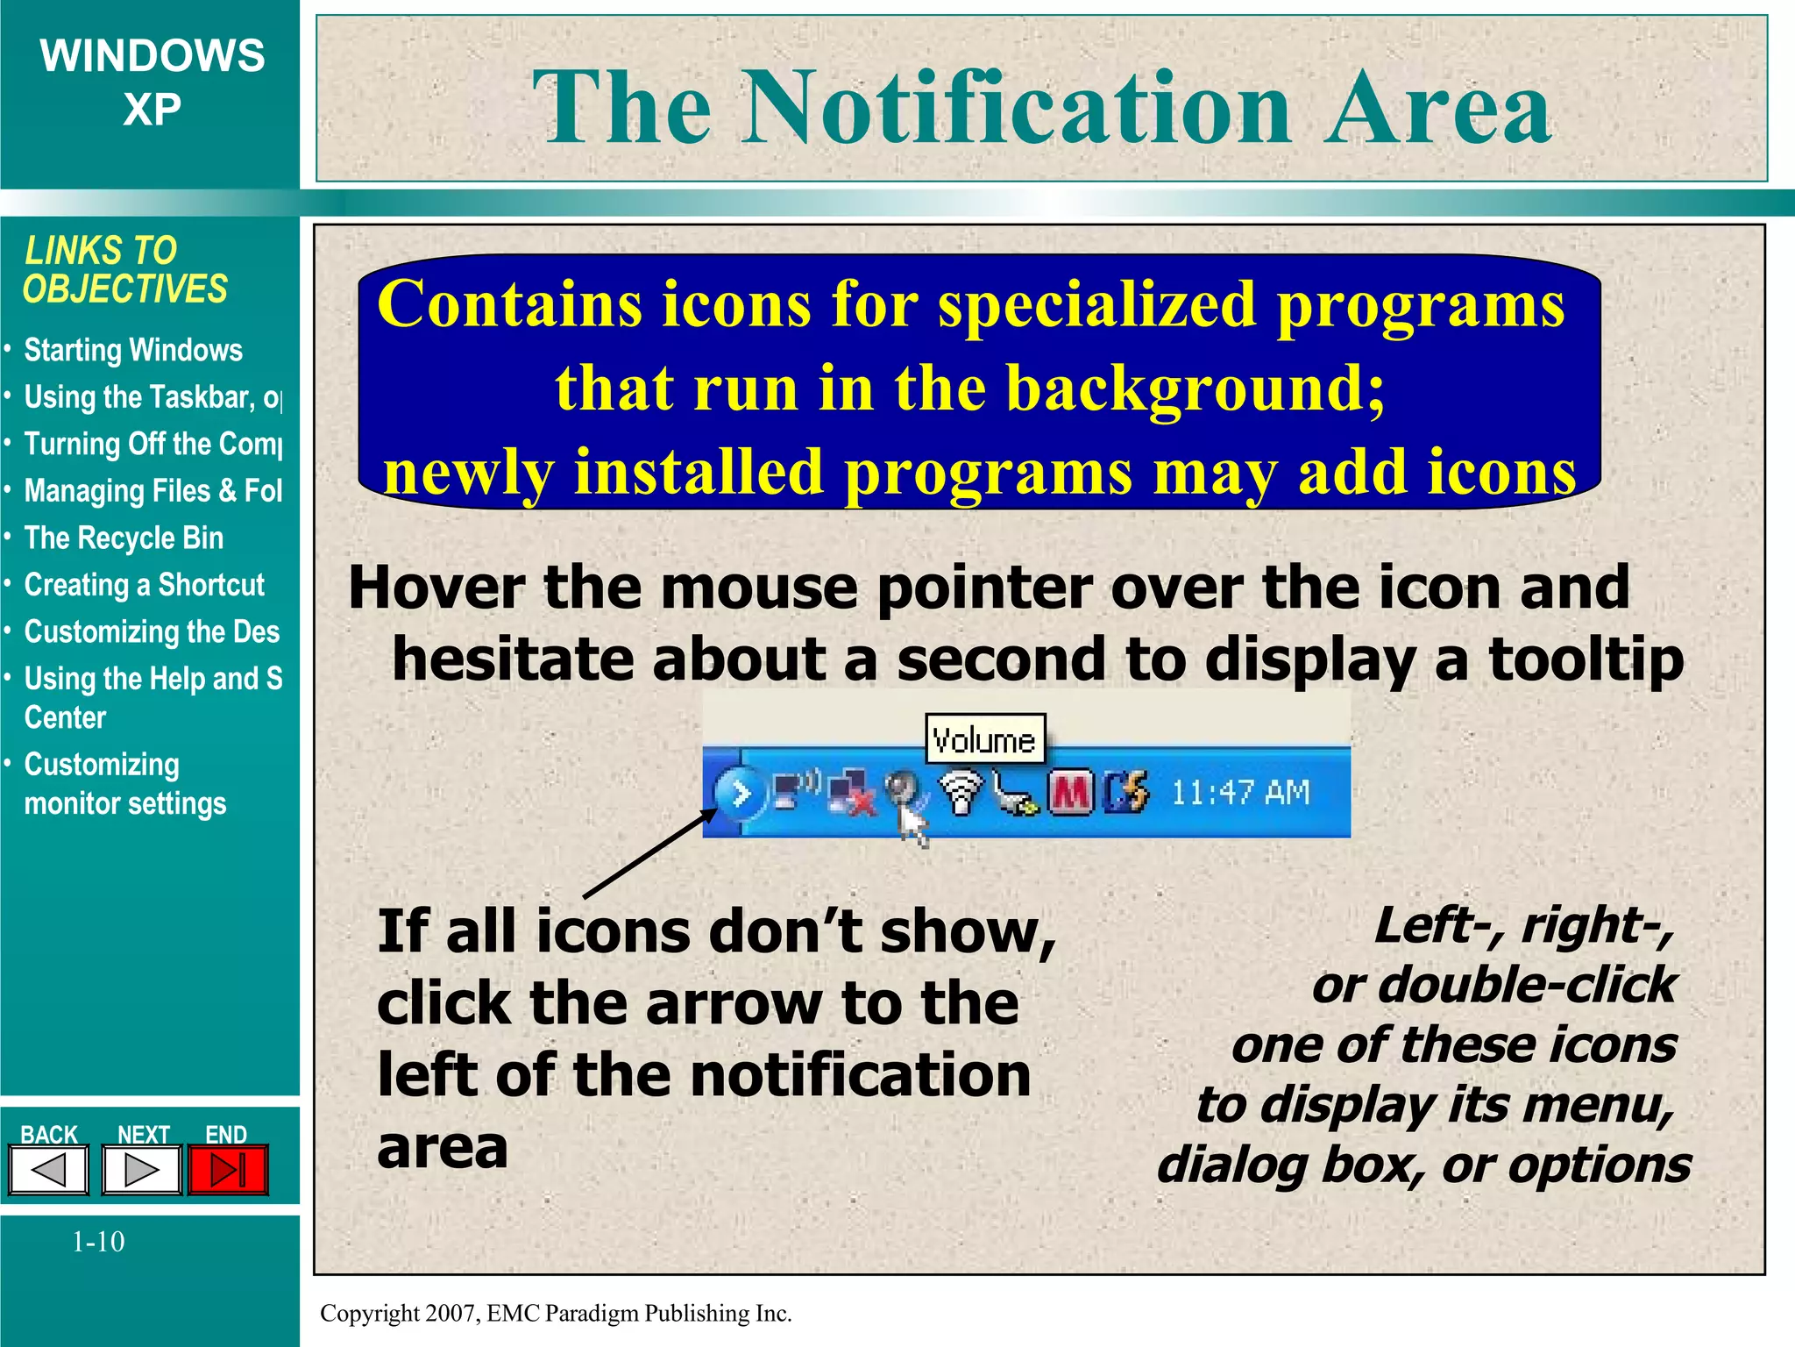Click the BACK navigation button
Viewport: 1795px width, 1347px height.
pyautogui.click(x=49, y=1169)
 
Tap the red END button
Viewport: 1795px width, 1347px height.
pyautogui.click(x=228, y=1169)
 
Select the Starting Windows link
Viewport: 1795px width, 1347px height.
pyautogui.click(x=132, y=350)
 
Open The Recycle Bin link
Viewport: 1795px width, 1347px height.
pyautogui.click(x=124, y=538)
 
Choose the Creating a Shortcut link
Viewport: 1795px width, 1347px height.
pyautogui.click(x=144, y=585)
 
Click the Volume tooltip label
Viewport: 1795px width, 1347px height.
pyautogui.click(x=985, y=740)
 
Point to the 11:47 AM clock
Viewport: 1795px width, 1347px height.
pyautogui.click(x=1240, y=793)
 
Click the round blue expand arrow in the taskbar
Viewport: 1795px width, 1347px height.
pyautogui.click(x=741, y=795)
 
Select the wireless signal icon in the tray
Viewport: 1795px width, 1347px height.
pyautogui.click(x=961, y=793)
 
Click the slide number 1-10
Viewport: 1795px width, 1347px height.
pyautogui.click(x=98, y=1241)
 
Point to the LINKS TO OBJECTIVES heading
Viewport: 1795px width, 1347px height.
pyautogui.click(x=124, y=269)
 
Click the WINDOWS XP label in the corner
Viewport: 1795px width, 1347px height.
pyautogui.click(x=152, y=82)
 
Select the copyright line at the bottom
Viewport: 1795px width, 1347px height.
pyautogui.click(x=556, y=1313)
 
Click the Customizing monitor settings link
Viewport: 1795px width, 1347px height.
pyautogui.click(x=124, y=784)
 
